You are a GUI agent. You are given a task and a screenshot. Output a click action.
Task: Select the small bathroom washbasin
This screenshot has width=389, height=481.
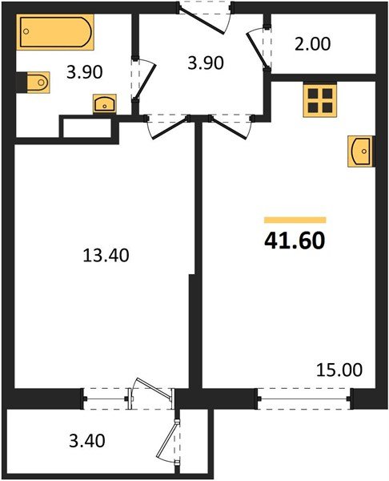103,103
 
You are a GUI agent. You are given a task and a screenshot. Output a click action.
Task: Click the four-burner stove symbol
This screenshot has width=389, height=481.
320,100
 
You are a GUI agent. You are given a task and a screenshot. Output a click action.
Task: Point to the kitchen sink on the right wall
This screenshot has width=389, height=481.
361,150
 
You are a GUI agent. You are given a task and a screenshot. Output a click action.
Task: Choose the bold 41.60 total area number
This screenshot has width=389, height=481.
295,240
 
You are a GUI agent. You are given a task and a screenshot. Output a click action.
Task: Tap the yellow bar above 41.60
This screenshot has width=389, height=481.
295,219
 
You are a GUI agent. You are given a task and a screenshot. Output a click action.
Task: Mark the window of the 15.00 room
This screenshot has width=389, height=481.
305,394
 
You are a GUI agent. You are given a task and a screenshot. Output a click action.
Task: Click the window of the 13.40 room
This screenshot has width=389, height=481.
106,394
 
